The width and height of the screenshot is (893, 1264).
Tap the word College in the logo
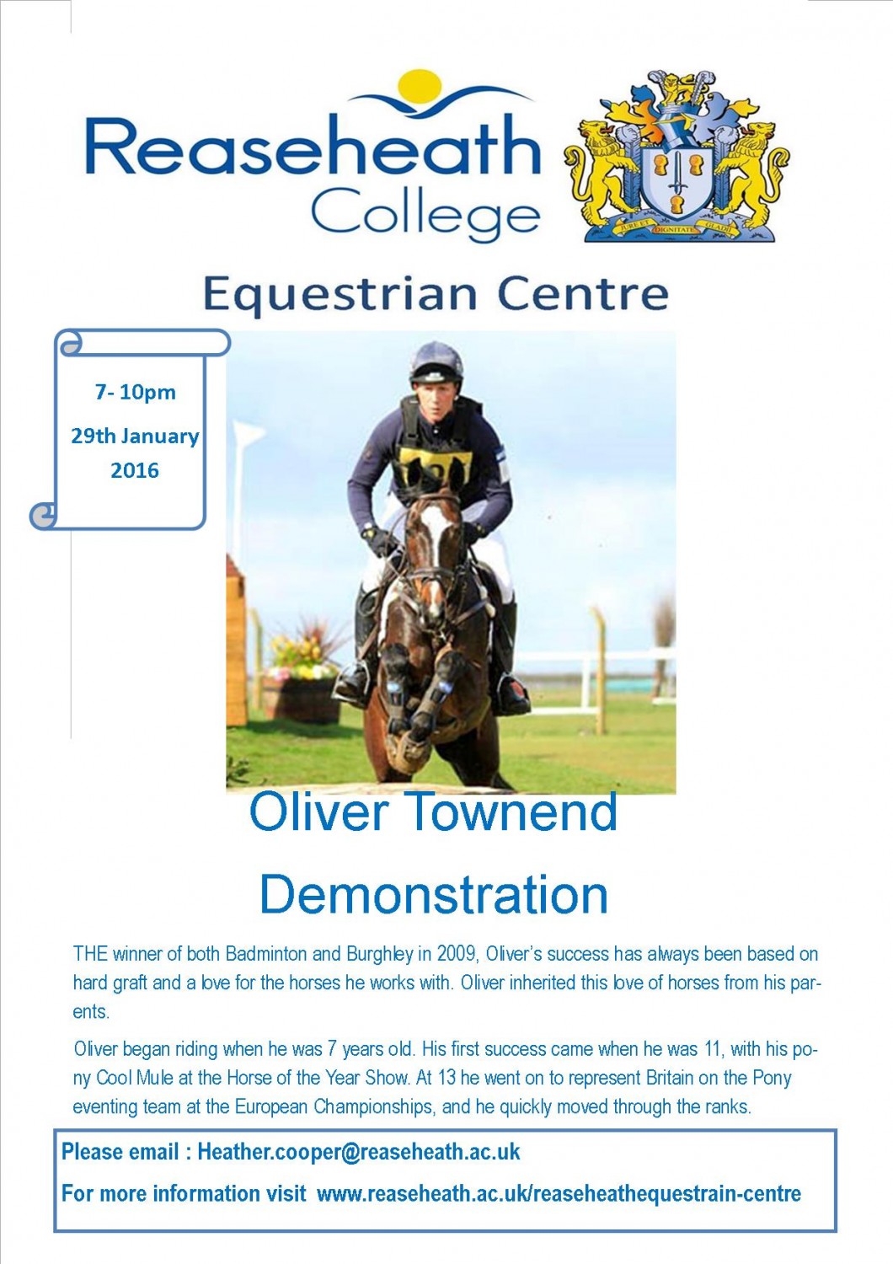[x=425, y=213]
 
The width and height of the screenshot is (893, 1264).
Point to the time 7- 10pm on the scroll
[x=135, y=392]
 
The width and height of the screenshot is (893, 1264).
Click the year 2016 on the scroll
[x=135, y=470]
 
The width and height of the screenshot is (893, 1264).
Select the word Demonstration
[x=433, y=894]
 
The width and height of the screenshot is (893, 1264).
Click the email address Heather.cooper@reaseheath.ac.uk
[x=359, y=1152]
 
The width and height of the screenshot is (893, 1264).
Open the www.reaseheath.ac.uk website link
[x=559, y=1193]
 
